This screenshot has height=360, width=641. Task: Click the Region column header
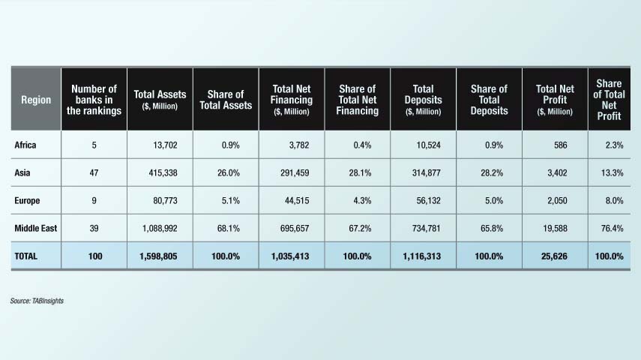coord(36,100)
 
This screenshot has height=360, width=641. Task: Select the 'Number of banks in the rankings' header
coord(94,100)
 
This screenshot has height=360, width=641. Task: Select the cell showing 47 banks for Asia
coord(94,174)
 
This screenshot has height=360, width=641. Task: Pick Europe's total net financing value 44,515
coord(295,201)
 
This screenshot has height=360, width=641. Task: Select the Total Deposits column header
coord(424,100)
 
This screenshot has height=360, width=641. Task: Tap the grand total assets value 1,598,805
coord(160,256)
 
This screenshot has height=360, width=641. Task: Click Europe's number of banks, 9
coord(94,201)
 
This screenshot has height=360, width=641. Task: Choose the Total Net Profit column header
coord(556,100)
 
